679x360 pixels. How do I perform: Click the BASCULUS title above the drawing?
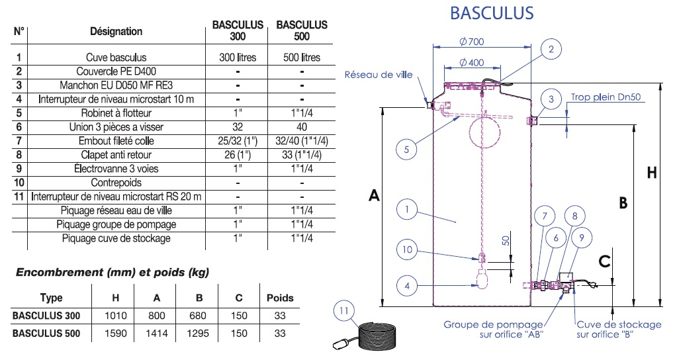point(491,13)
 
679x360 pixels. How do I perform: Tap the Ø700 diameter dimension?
point(471,42)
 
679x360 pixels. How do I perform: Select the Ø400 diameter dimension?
point(471,63)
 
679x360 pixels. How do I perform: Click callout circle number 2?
point(551,48)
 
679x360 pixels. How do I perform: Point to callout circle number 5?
point(406,150)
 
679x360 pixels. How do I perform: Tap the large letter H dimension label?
point(652,173)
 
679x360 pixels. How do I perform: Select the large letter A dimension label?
point(374,196)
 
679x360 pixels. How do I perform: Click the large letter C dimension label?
point(604,261)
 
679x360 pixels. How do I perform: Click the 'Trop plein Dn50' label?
point(606,97)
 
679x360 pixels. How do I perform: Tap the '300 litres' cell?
point(238,58)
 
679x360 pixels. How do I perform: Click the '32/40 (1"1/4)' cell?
point(302,141)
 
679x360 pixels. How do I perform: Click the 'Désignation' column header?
point(116,31)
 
